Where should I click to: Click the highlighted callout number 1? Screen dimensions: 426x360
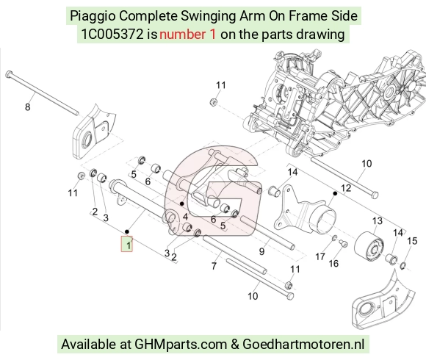tap(129, 245)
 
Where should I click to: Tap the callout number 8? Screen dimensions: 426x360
tap(27, 107)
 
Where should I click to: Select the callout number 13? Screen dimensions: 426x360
tap(377, 221)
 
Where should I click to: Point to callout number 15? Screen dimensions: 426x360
tap(412, 241)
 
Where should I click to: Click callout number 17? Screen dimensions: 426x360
tap(320, 256)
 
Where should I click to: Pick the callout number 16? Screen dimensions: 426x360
tap(333, 263)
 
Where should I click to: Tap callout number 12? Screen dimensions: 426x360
tap(346, 188)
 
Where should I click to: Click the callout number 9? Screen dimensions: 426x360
tap(261, 251)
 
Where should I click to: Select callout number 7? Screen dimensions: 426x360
tap(214, 266)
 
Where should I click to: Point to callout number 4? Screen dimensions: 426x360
tap(185, 217)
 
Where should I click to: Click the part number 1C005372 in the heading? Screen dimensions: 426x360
tap(112, 35)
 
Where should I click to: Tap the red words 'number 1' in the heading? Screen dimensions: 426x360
tap(188, 35)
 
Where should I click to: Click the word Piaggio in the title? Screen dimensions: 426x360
tap(93, 16)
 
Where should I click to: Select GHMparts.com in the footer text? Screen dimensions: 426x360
tap(181, 345)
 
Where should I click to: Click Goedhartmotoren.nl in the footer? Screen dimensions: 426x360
tap(303, 345)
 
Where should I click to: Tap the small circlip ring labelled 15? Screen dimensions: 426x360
tap(403, 266)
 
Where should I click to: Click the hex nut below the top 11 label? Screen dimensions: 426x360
tap(214, 102)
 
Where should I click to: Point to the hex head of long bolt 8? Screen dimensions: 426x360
tap(9, 73)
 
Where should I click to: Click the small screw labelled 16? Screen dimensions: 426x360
tap(344, 243)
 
